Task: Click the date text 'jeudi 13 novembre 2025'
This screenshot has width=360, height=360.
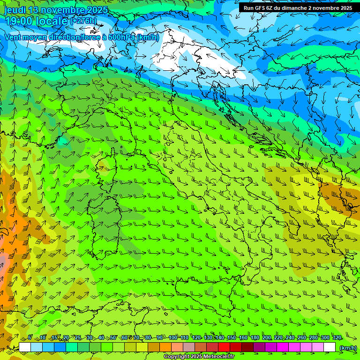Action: (56, 10)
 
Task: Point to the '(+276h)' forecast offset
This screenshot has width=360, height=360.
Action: (84, 21)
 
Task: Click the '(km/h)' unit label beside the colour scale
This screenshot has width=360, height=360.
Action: (347, 348)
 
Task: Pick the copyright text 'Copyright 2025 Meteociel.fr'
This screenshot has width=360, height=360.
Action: (199, 357)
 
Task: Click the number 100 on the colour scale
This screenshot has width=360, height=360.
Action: (173, 337)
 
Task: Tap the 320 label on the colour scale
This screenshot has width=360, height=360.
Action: (337, 337)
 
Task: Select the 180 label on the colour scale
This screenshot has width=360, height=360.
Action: (255, 337)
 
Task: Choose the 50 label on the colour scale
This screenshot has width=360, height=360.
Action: (112, 337)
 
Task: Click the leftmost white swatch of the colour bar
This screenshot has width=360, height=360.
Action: (25, 347)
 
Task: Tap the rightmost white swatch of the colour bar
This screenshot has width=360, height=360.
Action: (330, 347)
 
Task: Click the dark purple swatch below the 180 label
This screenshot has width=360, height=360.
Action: (259, 347)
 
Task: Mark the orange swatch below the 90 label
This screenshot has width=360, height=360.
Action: (165, 347)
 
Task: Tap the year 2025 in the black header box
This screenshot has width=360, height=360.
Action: (346, 8)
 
